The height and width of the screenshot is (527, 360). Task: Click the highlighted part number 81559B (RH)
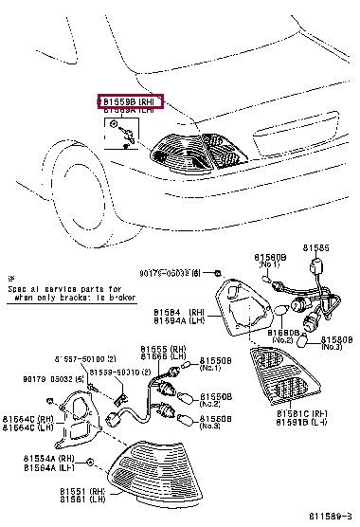coord(131,100)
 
